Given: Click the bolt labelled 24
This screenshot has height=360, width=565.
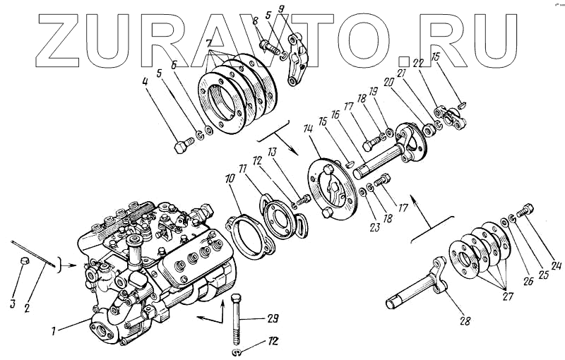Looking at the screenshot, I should tap(525, 210).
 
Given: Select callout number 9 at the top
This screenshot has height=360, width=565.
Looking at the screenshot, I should tap(282, 11).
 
